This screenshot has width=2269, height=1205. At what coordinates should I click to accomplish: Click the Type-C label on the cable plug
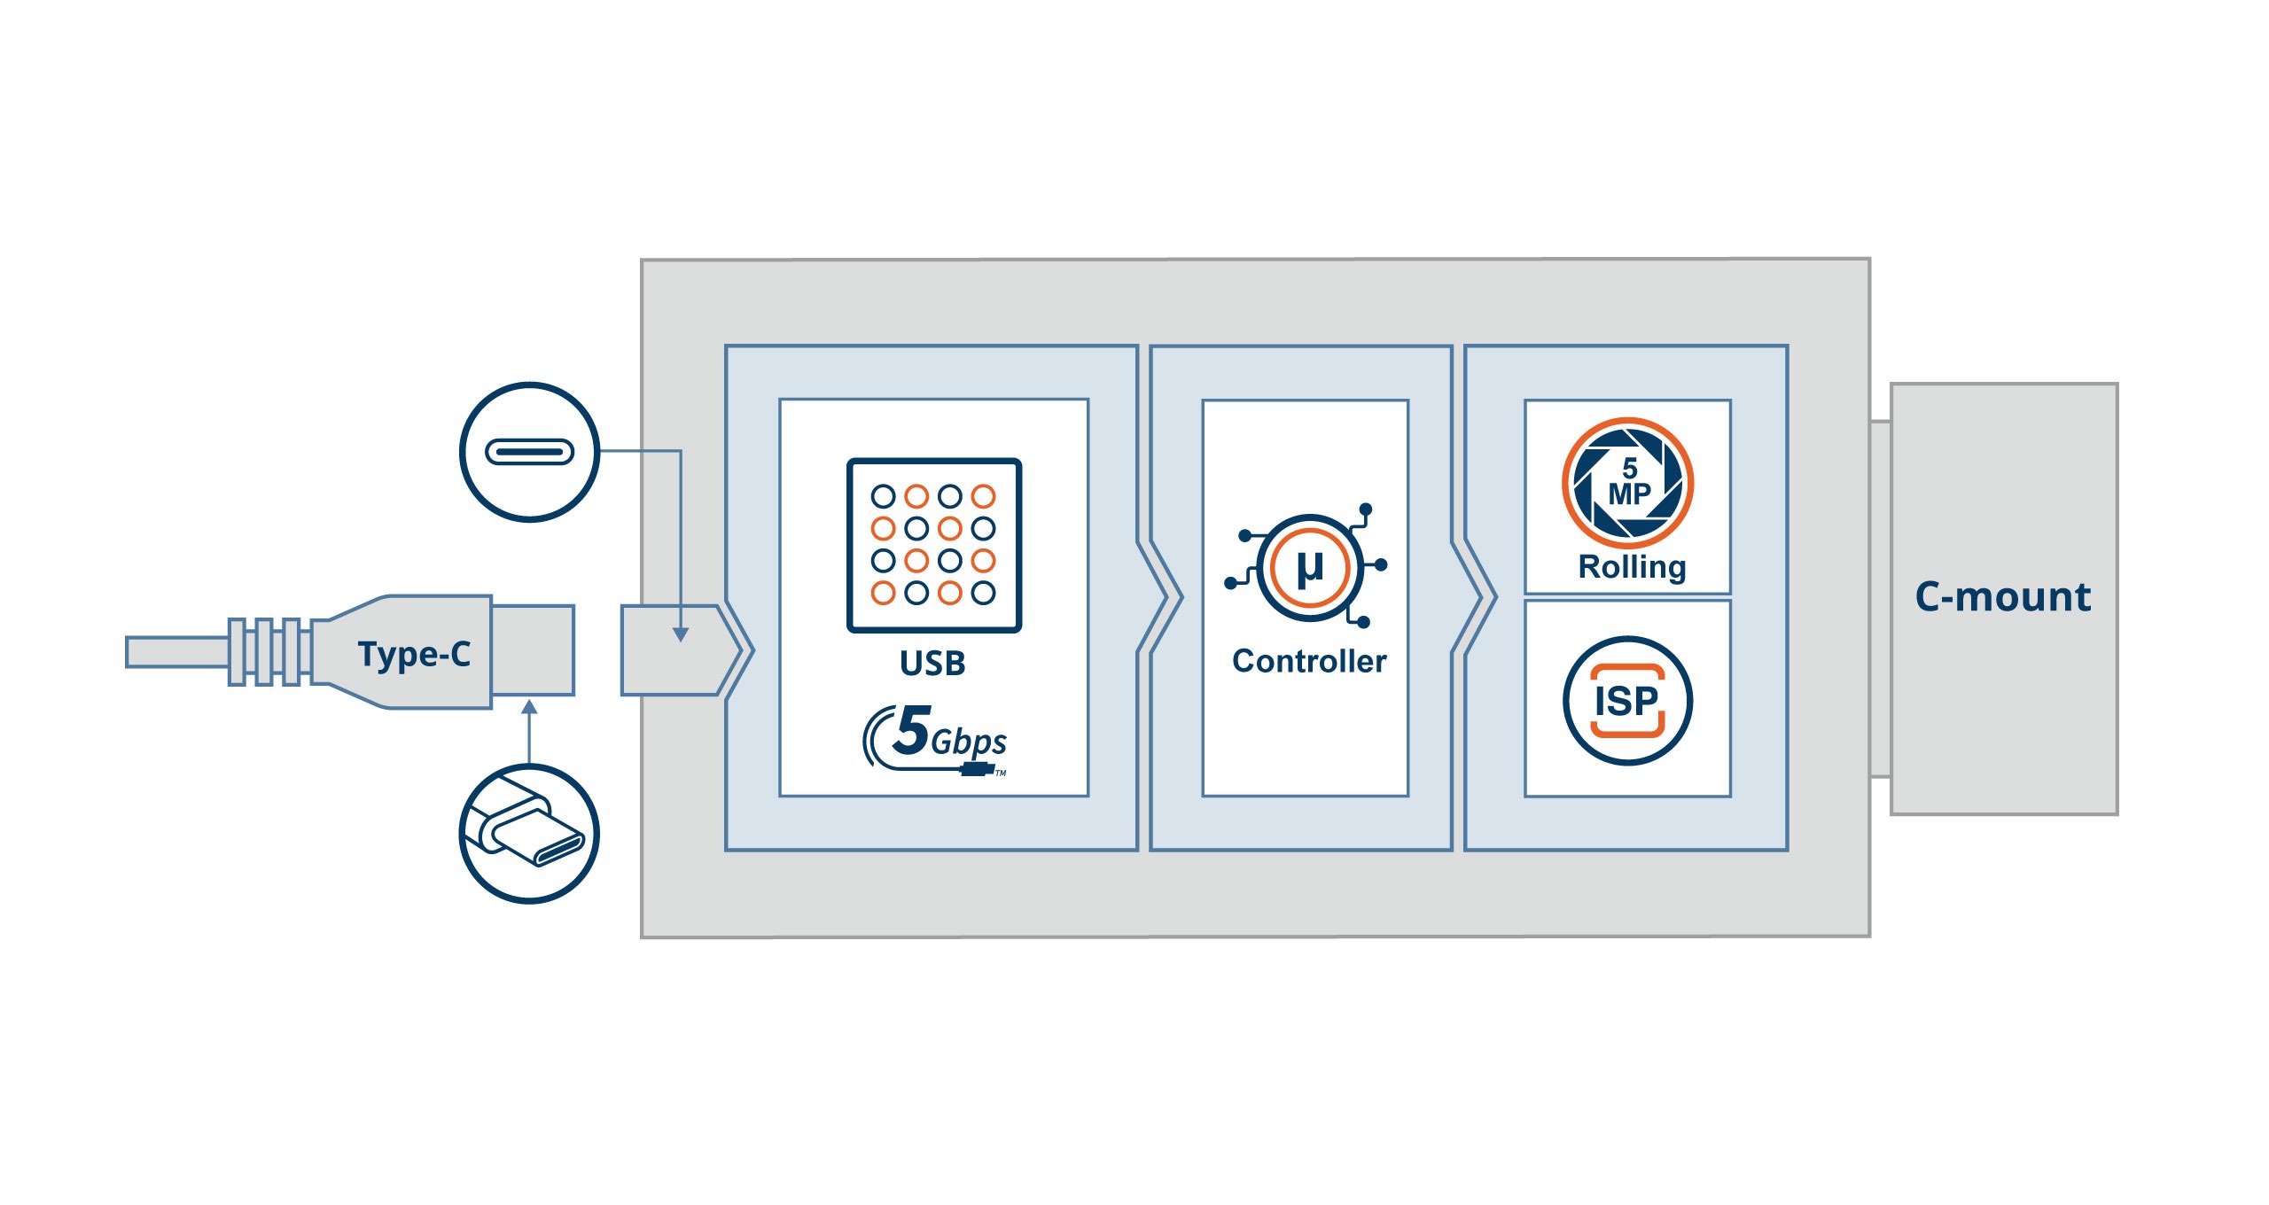414,654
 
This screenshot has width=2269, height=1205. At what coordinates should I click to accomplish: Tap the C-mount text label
2002,597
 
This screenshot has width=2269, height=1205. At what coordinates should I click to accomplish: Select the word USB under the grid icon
932,663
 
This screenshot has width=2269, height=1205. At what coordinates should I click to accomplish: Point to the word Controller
1309,661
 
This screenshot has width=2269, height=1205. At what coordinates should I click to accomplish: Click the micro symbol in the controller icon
1310,567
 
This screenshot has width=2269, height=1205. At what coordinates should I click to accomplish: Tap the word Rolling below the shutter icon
1632,567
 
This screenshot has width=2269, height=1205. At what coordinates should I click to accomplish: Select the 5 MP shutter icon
1627,483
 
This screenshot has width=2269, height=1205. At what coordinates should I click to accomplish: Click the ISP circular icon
1627,701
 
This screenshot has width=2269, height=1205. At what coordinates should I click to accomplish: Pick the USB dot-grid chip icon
934,545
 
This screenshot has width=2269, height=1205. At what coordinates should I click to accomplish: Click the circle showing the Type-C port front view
530,452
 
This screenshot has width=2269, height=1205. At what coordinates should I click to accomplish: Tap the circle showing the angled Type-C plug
530,834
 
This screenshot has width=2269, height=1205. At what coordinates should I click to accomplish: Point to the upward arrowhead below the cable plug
529,707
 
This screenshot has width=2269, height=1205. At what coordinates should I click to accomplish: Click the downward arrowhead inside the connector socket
680,634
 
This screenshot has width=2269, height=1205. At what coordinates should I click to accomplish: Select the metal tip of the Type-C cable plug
533,650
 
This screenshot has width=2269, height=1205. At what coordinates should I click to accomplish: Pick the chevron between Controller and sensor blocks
1477,598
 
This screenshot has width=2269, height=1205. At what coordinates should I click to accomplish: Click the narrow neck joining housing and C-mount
1880,599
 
